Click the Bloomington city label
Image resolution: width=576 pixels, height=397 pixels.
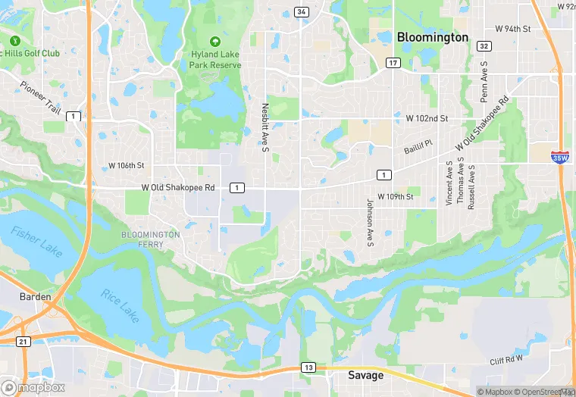click(x=433, y=37)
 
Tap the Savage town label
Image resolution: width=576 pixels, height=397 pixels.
click(x=366, y=376)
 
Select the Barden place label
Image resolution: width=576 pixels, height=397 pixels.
click(x=36, y=297)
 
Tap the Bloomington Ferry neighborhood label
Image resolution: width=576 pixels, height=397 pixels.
click(x=151, y=239)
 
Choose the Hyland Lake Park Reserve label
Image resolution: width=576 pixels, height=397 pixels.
click(x=214, y=60)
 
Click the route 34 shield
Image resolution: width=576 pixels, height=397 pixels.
click(x=302, y=12)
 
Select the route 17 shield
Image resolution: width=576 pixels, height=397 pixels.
click(x=393, y=62)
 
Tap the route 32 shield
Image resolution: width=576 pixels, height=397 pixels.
click(x=484, y=47)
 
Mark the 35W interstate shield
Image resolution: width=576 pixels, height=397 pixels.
click(x=560, y=157)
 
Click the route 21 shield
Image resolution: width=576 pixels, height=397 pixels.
click(x=23, y=342)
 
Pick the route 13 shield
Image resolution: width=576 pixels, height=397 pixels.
click(x=308, y=367)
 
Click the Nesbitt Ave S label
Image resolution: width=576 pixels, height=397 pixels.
click(x=265, y=127)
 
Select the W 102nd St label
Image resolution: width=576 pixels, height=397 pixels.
click(x=427, y=119)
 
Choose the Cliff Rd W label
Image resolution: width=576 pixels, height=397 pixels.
click(x=506, y=362)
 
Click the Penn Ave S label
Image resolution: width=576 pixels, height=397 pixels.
click(x=484, y=83)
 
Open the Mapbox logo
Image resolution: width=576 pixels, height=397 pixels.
click(x=33, y=387)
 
